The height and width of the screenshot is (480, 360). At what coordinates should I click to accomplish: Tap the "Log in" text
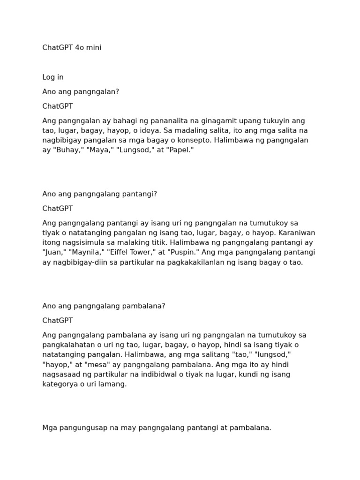pos(53,77)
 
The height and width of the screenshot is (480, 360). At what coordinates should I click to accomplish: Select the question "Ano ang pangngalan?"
pos(81,92)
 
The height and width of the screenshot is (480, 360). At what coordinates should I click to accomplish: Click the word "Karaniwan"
pos(298,233)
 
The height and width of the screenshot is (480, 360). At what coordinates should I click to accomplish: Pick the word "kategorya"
pos(60,384)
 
